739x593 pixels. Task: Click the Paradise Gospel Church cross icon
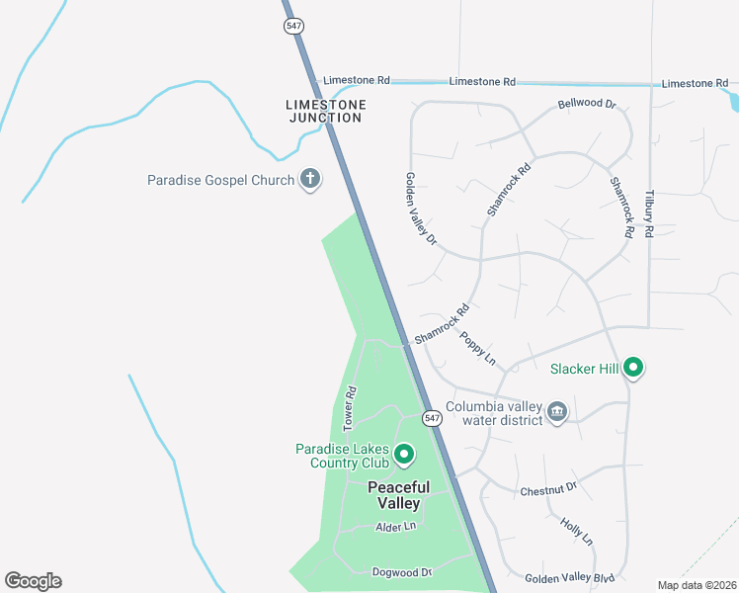coord(310,179)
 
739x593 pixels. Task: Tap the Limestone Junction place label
coord(325,111)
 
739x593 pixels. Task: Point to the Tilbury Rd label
coord(649,213)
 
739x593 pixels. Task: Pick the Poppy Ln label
coord(477,347)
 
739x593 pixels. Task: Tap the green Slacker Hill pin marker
coord(632,369)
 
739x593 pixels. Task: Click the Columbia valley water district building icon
coord(557,411)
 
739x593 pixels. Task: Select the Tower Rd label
coord(349,407)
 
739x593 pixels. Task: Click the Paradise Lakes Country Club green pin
coord(403,455)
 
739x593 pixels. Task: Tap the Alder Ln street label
coord(395,527)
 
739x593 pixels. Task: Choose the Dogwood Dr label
coord(402,572)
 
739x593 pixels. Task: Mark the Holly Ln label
coord(576,531)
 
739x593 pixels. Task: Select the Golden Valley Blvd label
coord(570,578)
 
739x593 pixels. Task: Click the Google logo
coord(33,581)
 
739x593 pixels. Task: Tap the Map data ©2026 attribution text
coord(697,585)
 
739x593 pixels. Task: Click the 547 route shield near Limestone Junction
coord(293,27)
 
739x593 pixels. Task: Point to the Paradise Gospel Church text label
coord(220,180)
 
